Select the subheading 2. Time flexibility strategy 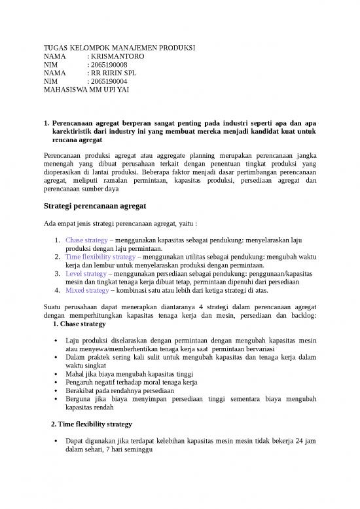(x=91, y=424)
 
